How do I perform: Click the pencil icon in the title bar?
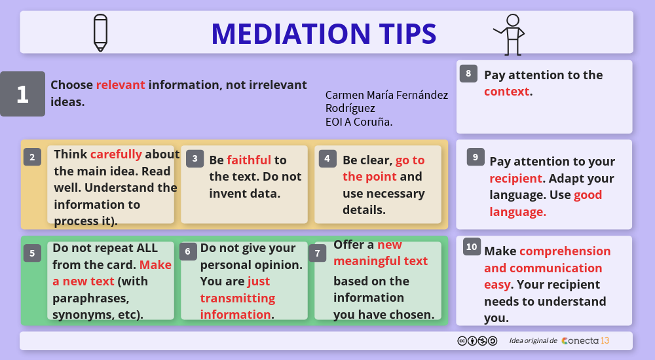100,33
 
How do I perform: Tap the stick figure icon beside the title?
510,35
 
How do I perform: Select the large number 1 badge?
22,94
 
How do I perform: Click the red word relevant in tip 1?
121,85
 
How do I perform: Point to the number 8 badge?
468,74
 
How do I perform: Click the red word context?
507,92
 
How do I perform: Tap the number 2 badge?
32,157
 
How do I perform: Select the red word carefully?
116,154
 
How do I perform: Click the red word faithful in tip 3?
249,160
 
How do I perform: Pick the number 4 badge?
327,158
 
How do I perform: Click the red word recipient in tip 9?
516,179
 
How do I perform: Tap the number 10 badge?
472,247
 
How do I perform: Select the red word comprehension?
565,251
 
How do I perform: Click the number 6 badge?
188,251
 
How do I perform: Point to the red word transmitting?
237,298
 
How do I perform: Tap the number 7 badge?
318,253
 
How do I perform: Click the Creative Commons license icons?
477,341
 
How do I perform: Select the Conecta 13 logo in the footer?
585,341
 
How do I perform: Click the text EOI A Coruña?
359,122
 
